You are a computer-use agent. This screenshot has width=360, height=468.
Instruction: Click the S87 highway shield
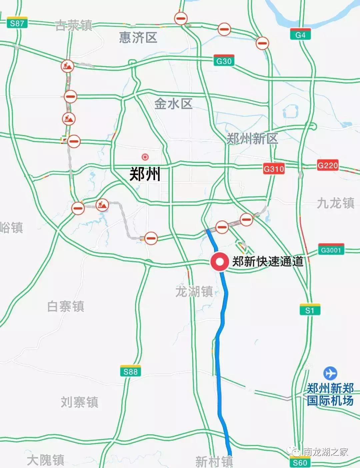point(17,23)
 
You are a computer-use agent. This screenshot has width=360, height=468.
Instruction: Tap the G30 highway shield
point(224,60)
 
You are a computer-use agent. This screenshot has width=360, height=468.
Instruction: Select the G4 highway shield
point(300,34)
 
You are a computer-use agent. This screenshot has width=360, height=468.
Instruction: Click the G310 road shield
point(274,168)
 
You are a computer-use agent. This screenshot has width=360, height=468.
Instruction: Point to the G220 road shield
point(327,165)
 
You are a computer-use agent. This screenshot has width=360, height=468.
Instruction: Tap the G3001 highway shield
point(331,249)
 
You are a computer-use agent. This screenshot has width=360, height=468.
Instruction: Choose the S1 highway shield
point(310,310)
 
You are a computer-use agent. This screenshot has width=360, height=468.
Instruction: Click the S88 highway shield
point(130,371)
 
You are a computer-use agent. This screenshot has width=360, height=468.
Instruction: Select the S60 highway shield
point(300,462)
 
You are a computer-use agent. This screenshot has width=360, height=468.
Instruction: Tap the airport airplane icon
point(330,373)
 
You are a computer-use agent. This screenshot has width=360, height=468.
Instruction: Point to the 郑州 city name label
point(145,174)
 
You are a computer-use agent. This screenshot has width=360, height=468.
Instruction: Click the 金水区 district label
point(173,104)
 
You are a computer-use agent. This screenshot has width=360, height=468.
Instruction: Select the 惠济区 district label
point(138,37)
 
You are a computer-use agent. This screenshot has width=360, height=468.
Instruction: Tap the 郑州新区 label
point(252,138)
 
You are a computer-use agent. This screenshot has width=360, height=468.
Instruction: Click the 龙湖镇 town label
point(194,292)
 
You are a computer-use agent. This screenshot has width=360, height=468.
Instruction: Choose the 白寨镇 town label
point(66,306)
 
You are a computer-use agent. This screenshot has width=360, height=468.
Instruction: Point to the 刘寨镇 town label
point(79,402)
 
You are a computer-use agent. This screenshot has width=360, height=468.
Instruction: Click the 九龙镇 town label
point(335,203)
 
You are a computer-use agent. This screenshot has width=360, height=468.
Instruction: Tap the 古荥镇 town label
point(74,25)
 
